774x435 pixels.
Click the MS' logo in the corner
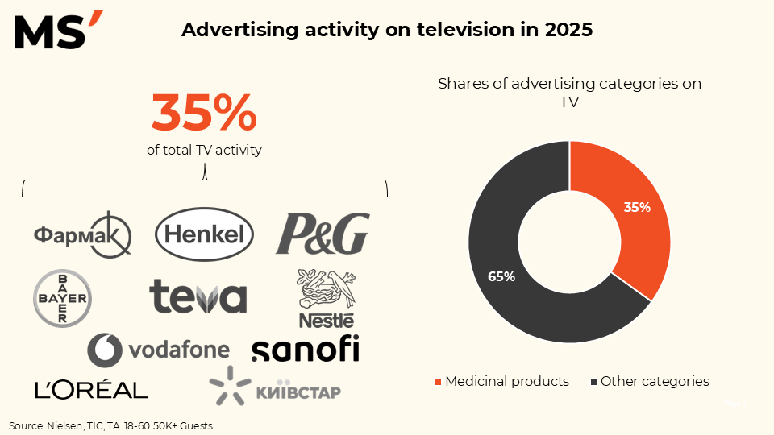(59, 31)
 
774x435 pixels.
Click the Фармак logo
(82, 234)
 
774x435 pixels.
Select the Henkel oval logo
(204, 234)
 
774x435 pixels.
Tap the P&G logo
(322, 234)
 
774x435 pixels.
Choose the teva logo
(198, 297)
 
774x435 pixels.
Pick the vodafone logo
(159, 350)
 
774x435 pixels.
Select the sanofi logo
(305, 349)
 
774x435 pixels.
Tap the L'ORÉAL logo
(92, 390)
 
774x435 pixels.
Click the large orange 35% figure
(204, 113)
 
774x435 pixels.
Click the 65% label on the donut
(501, 276)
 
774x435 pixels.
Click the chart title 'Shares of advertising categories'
(569, 83)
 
